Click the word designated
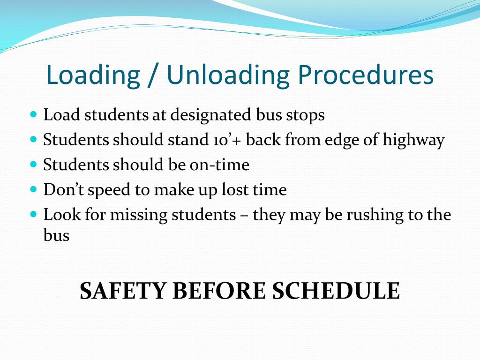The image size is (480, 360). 210,115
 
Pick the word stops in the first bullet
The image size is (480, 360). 304,115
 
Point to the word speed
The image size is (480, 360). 102,190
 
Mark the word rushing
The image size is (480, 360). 372,215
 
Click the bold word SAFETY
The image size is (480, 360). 122,291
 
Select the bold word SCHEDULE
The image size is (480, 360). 336,291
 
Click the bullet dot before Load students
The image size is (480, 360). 33,114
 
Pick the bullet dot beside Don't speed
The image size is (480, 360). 33,189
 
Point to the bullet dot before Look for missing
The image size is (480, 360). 33,214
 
